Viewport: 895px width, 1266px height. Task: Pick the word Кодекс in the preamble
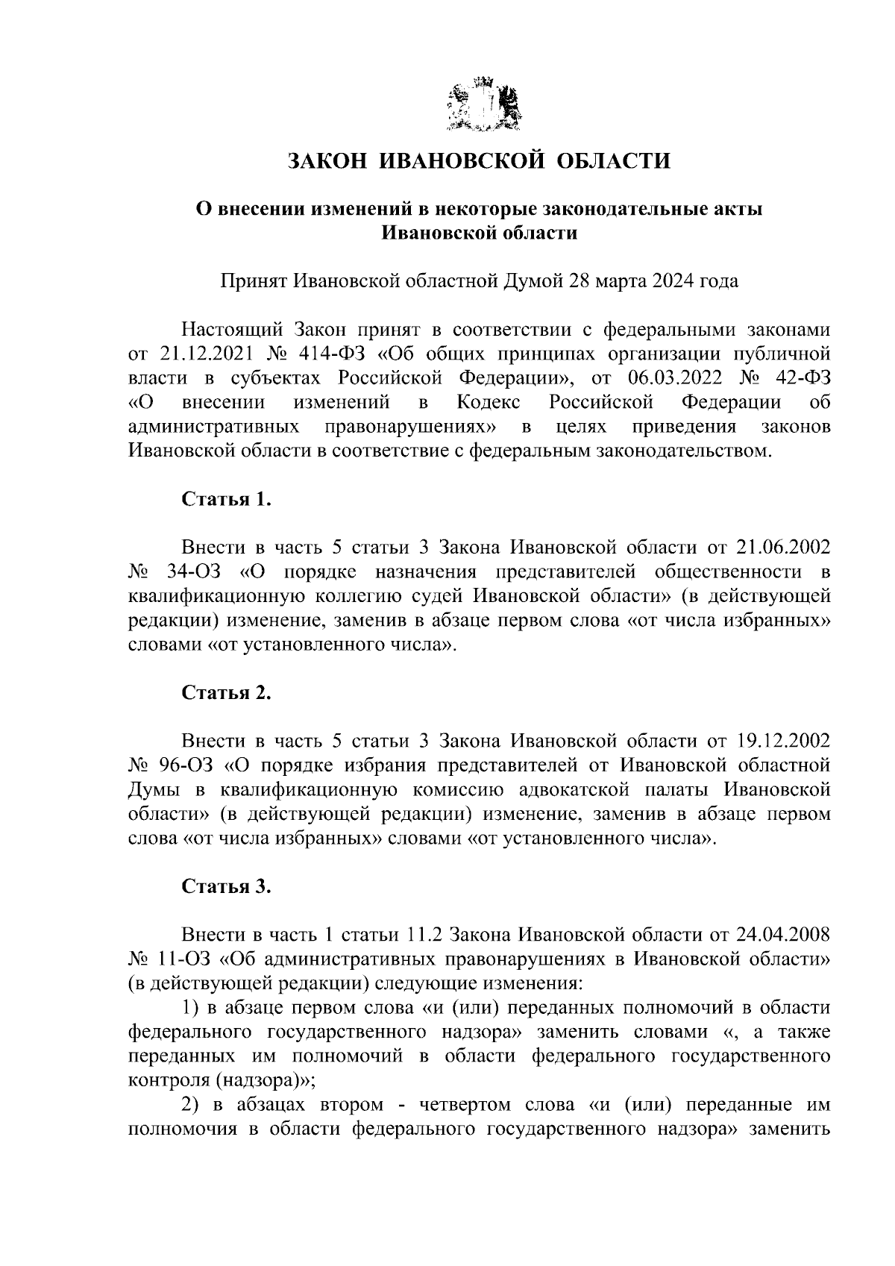tap(489, 403)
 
